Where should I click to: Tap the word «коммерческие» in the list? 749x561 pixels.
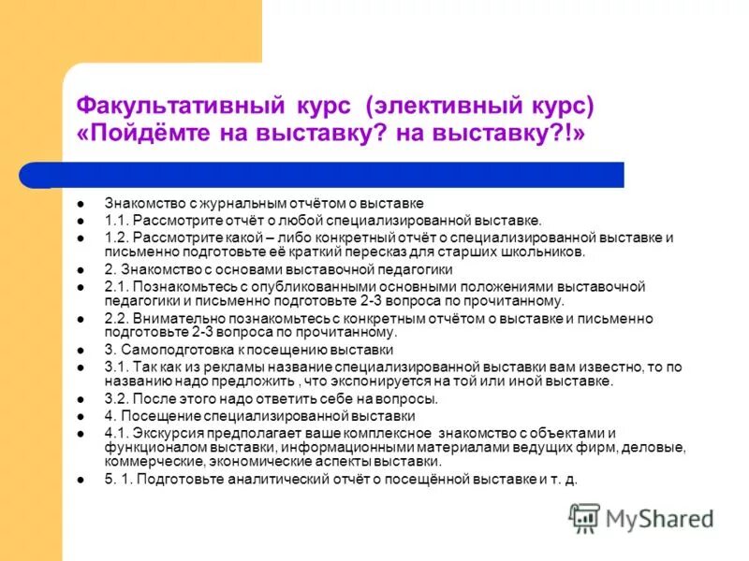pos(147,462)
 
